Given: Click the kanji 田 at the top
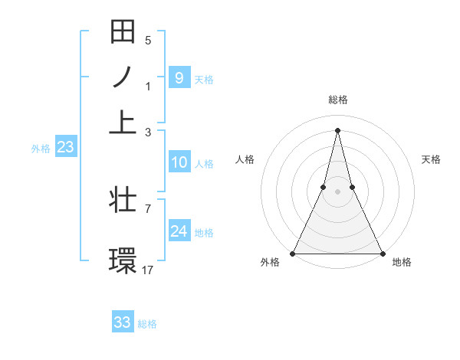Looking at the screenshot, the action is pos(123,32).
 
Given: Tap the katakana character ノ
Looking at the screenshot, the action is pos(123,77).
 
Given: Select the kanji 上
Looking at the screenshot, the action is pos(123,122).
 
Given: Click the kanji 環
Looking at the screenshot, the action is pos(123,260).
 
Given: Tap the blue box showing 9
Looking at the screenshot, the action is pos(179,78).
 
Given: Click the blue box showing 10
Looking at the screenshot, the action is pos(179,162).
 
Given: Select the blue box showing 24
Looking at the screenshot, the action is pos(179,231).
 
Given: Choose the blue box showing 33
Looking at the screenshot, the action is pos(123,322).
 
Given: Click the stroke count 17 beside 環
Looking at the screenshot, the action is pos(148,270).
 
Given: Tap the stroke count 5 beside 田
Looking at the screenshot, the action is pos(148,41).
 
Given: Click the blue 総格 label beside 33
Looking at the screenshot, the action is pos(147,324).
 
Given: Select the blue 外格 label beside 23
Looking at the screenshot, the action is pos(40,149).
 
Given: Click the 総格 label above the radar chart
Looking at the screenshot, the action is pos(337,100).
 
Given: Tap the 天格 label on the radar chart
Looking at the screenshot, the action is pos(432,159).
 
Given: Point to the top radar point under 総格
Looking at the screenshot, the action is pos(337,129).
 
